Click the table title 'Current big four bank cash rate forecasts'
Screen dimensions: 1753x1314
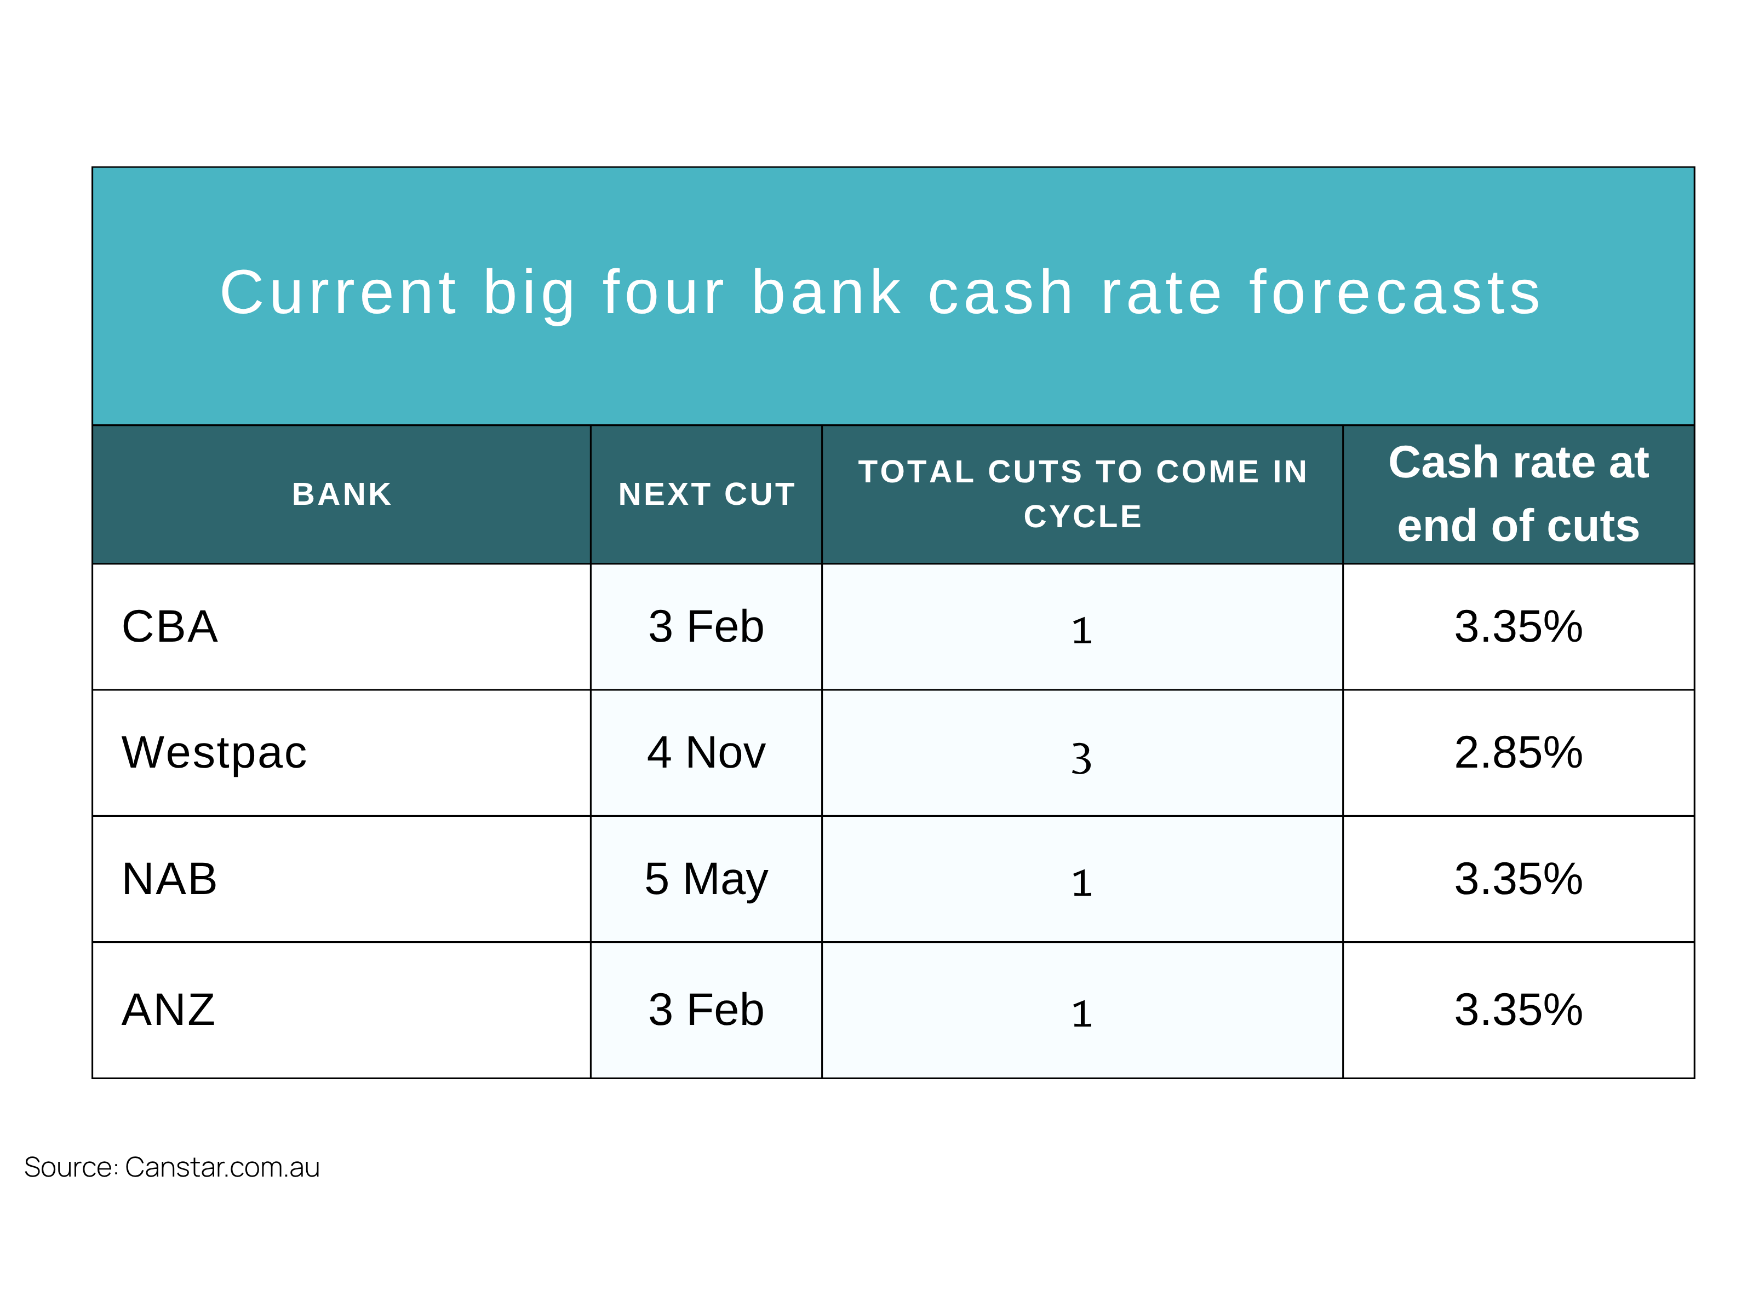click(880, 293)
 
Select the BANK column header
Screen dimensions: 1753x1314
click(342, 494)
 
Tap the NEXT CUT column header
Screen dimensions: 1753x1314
click(706, 494)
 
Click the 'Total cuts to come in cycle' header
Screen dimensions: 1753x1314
click(1082, 494)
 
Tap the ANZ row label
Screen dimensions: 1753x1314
click(168, 1010)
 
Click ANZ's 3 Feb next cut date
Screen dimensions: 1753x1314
click(706, 1010)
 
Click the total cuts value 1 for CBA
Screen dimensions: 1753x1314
click(1082, 631)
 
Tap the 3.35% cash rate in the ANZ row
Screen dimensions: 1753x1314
click(1519, 1010)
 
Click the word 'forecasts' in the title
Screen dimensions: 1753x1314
click(1395, 293)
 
